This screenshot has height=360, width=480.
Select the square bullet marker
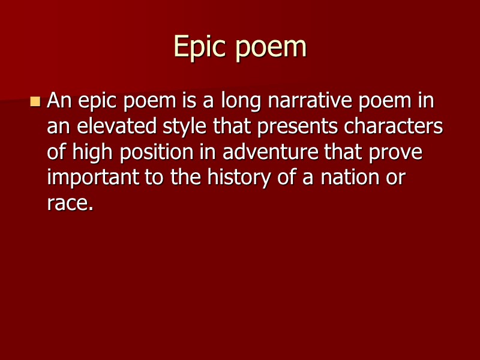35,101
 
